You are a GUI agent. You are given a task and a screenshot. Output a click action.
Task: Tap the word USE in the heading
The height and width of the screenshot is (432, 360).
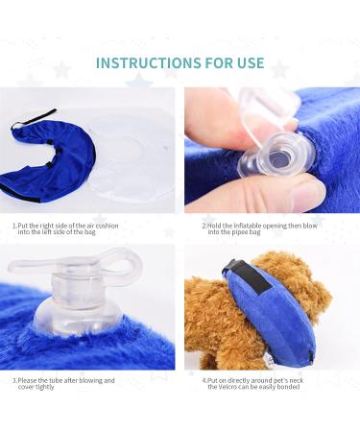pyautogui.click(x=244, y=63)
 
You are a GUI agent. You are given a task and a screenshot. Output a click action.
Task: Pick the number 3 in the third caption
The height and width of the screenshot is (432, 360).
pyautogui.click(x=13, y=380)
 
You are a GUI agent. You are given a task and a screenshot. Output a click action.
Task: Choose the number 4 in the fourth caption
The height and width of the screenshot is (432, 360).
pyautogui.click(x=204, y=380)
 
